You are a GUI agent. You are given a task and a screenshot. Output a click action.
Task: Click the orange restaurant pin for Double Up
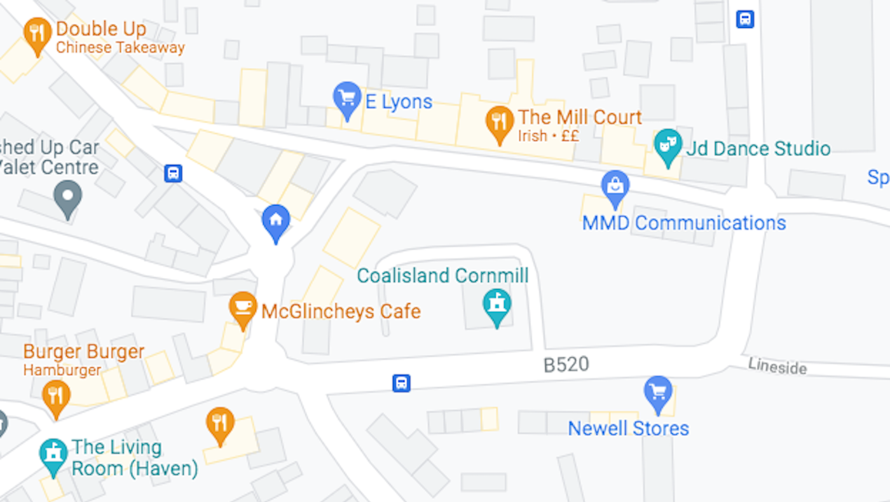pos(38,33)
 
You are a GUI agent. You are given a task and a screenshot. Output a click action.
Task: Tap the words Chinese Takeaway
pos(120,48)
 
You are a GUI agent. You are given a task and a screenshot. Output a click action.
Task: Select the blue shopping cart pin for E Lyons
pos(347,99)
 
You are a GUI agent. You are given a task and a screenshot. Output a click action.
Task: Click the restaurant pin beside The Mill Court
pos(500,122)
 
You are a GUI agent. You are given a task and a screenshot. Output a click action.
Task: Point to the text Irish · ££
pos(548,136)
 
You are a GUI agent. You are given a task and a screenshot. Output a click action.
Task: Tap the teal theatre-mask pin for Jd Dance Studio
pos(667,145)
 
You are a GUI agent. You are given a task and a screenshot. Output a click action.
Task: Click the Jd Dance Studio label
pos(758,149)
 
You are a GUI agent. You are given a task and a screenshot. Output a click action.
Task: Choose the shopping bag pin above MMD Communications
pos(615,186)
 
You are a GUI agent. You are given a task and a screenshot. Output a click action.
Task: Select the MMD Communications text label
pos(684,223)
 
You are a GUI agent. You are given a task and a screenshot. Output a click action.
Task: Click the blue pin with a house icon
pos(276,221)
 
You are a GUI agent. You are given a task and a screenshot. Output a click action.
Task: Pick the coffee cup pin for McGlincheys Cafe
pos(243,308)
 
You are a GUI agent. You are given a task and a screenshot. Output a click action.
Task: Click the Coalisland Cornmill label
pos(442,275)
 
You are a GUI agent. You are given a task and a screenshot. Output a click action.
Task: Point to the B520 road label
pos(566,365)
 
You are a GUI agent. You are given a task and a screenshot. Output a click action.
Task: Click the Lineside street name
pos(777,366)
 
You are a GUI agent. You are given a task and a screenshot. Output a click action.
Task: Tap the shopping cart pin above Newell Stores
pos(658,393)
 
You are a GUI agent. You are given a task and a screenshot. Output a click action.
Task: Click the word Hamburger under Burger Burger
pos(62,370)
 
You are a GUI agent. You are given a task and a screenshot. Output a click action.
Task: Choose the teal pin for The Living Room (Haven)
pos(53,455)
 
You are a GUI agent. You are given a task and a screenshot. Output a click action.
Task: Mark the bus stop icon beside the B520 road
pos(401,383)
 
